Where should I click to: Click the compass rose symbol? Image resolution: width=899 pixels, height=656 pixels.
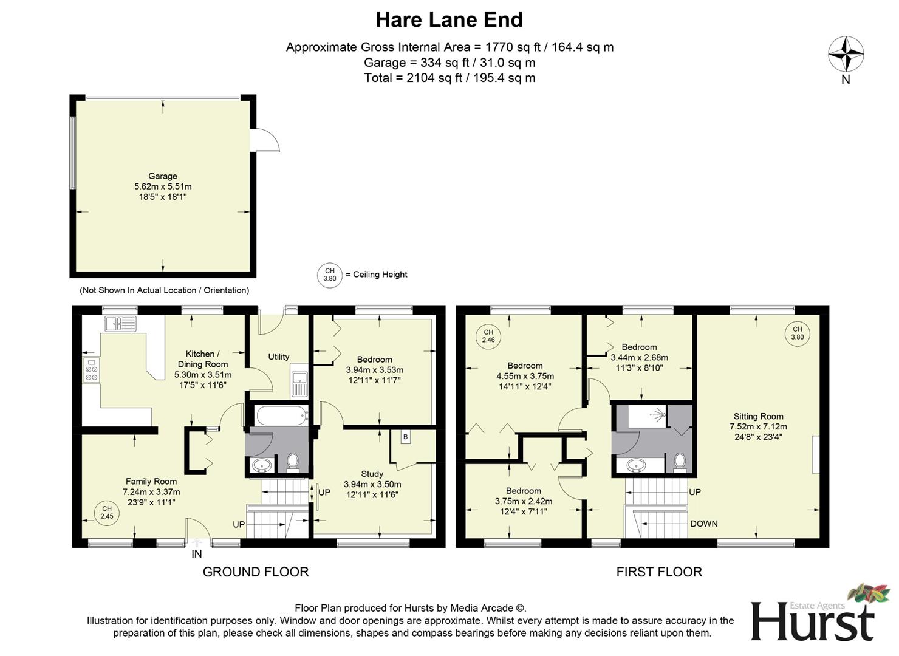tap(846, 53)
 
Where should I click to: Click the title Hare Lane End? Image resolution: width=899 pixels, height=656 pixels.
tap(449, 19)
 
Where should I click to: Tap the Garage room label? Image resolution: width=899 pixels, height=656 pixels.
tap(163, 176)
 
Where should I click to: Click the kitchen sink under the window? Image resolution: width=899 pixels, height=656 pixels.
tap(121, 324)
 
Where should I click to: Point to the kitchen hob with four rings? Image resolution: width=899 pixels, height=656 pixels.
tap(92, 370)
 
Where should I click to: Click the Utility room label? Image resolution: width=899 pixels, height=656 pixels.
tap(279, 357)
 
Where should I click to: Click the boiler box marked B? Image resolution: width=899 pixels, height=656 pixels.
tap(405, 437)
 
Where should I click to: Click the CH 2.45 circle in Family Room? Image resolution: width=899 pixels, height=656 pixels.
tap(107, 513)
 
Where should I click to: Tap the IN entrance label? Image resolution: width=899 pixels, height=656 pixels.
tap(197, 554)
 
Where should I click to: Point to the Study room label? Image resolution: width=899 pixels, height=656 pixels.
tap(372, 474)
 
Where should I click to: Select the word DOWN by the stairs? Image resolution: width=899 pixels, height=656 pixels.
tap(703, 524)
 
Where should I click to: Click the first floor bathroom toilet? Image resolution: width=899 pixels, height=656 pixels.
tap(680, 462)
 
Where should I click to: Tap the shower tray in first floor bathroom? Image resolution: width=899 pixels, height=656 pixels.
tap(648, 416)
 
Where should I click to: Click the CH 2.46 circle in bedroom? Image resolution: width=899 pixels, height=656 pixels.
tap(488, 336)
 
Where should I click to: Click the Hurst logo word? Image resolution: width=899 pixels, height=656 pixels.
tap(812, 621)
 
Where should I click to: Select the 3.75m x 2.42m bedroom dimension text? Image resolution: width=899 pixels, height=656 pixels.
tap(523, 501)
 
